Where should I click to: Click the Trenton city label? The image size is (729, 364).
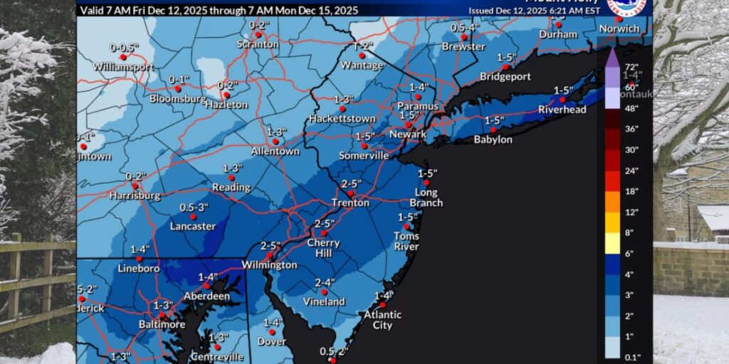[351, 203]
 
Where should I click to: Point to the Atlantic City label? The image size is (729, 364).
[382, 320]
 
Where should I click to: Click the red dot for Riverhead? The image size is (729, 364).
[562, 100]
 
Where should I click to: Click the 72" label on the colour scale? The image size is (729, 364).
[612, 67]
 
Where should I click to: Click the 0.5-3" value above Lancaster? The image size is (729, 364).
[192, 207]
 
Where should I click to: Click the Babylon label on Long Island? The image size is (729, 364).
[493, 139]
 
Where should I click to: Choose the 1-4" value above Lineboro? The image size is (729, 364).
[140, 249]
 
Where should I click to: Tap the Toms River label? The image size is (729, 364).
[407, 241]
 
